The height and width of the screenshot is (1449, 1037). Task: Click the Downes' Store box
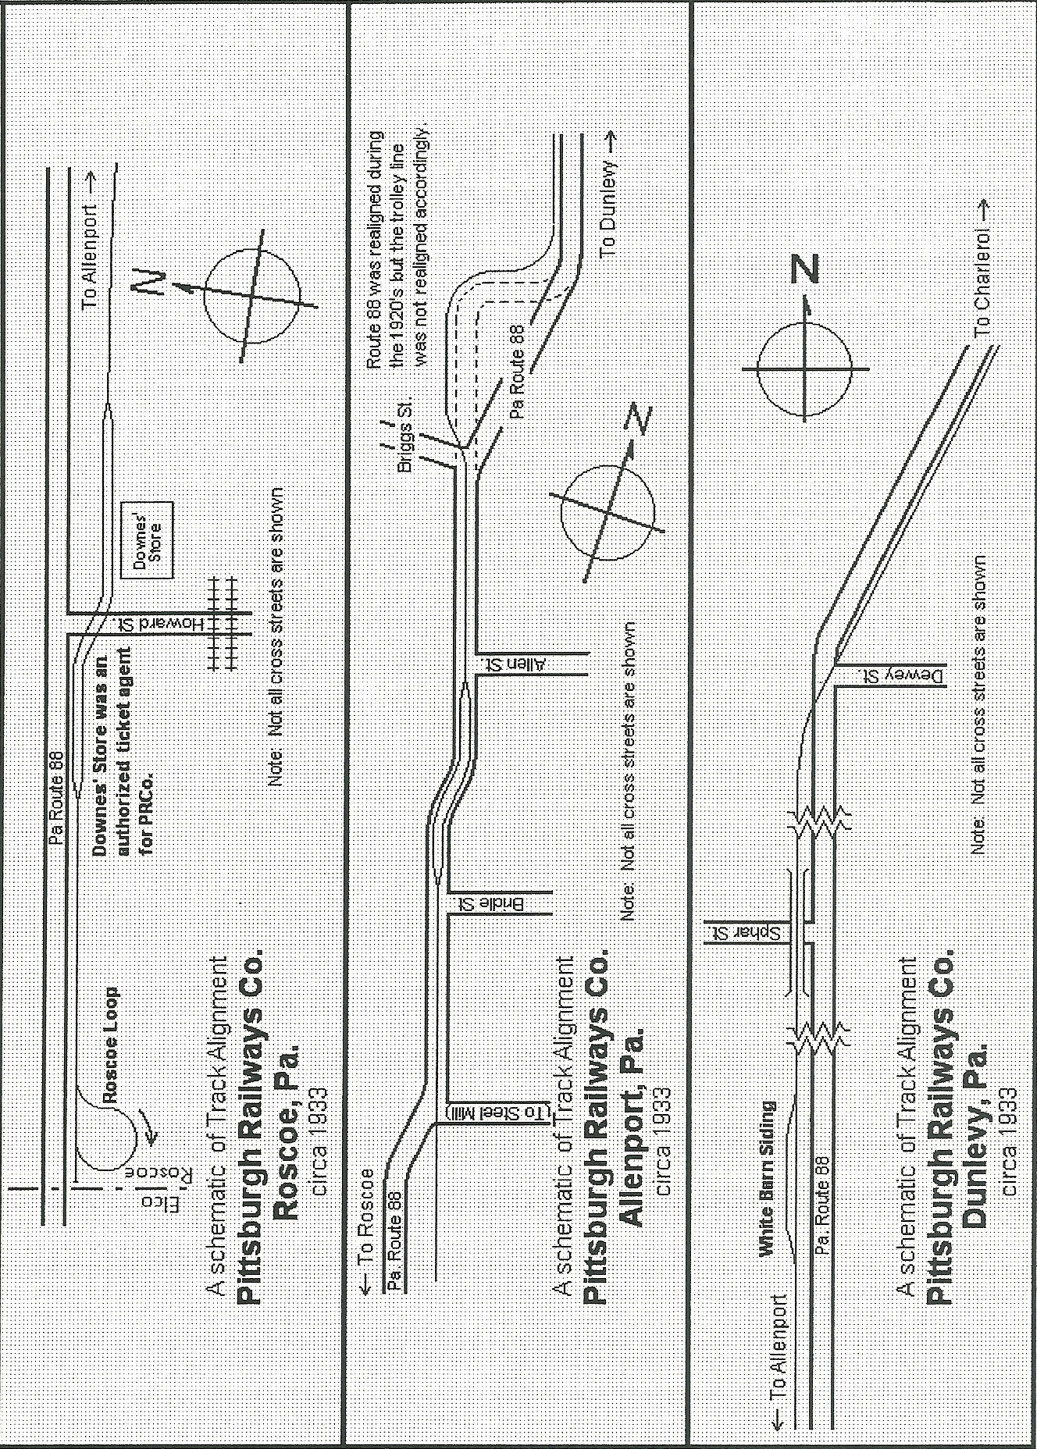pos(147,540)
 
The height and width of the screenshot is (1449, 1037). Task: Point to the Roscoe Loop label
pos(110,1046)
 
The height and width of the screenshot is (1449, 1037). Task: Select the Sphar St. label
pos(748,932)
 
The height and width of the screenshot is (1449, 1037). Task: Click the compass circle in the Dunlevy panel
pos(804,369)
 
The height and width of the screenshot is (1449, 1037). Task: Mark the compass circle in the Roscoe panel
pos(251,296)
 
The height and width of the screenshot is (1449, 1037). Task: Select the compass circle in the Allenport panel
pos(608,512)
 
